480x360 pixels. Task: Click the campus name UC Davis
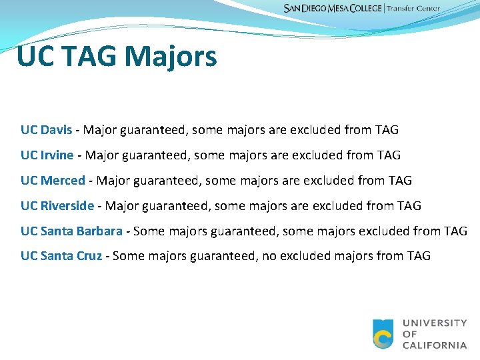(x=46, y=130)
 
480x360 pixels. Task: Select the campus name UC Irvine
(x=47, y=155)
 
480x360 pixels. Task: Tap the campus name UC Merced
(x=53, y=181)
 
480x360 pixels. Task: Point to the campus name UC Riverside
(x=57, y=206)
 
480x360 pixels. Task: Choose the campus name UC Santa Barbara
(x=71, y=231)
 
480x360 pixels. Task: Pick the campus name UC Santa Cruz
(x=61, y=256)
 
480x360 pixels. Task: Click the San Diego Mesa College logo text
(x=332, y=9)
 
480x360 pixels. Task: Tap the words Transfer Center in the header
(x=414, y=9)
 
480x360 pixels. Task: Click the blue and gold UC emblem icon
(x=383, y=334)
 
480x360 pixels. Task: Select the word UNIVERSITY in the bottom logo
(x=435, y=323)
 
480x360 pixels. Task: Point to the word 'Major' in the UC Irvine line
(x=101, y=155)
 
